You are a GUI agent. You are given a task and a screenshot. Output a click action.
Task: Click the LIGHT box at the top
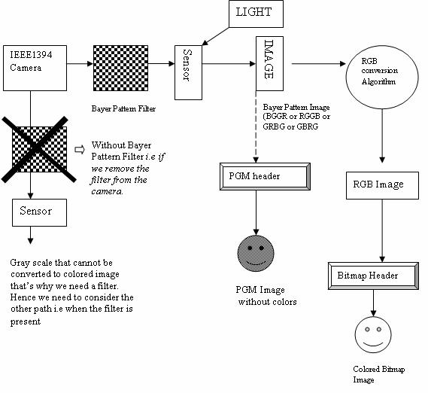coord(253,12)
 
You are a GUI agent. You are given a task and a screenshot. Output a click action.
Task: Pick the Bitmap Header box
coord(374,276)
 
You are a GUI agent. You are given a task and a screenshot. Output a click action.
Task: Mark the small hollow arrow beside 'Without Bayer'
coord(80,148)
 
